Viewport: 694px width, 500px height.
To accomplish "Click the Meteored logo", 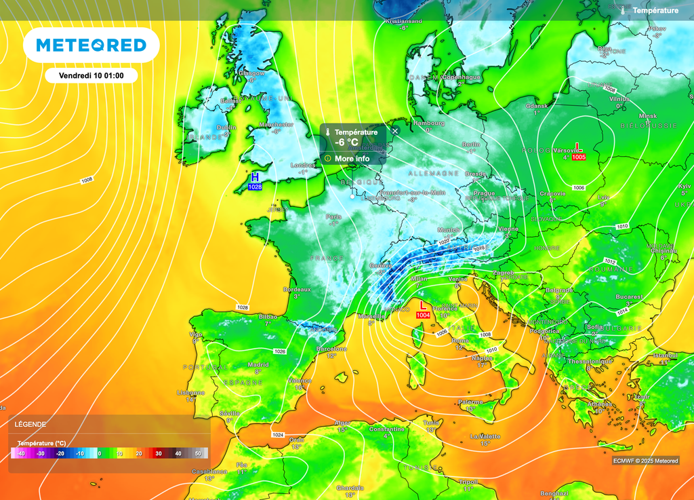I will (91, 45).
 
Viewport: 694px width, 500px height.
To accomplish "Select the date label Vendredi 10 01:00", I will (91, 75).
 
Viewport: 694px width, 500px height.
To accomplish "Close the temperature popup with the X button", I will (395, 131).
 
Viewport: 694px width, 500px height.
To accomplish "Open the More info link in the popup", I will (352, 159).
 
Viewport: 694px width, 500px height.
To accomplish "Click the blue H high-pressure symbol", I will (255, 176).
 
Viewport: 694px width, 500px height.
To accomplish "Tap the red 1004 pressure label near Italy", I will (423, 315).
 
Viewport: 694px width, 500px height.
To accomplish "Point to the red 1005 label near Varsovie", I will (578, 157).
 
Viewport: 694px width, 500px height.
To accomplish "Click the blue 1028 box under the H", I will (255, 187).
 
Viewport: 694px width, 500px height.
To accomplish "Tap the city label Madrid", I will (258, 364).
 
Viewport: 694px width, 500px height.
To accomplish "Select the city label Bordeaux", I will (296, 290).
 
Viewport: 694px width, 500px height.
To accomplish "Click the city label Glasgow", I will (251, 73).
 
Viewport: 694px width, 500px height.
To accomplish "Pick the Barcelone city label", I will (331, 349).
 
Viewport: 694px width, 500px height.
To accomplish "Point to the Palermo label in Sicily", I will (470, 402).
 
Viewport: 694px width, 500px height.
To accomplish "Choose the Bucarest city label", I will (630, 296).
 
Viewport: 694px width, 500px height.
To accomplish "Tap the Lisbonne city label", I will (190, 392).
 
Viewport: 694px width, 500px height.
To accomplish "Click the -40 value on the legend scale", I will (21, 453).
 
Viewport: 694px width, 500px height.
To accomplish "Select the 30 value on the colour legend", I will (158, 453).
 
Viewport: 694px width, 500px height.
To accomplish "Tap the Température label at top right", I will (655, 11).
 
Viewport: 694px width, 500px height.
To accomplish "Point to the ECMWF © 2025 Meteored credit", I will (645, 461).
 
